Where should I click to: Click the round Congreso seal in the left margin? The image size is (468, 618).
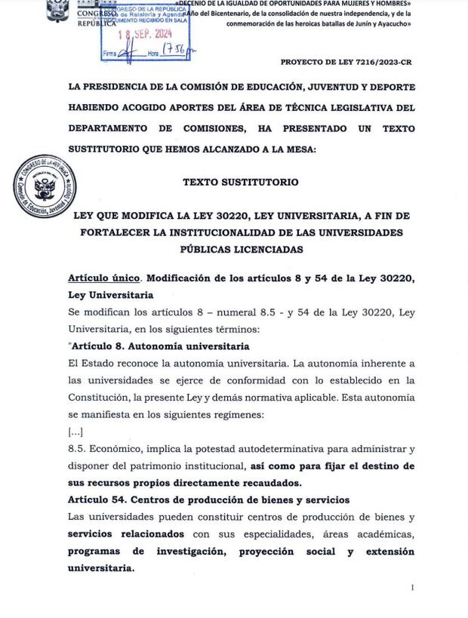(45, 186)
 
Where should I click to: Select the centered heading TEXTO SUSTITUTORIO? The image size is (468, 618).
(241, 182)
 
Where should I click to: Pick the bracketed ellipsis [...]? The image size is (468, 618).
(75, 432)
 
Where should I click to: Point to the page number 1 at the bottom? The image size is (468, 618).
(412, 587)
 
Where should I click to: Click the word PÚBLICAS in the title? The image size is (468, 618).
(214, 249)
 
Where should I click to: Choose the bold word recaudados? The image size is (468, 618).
(267, 483)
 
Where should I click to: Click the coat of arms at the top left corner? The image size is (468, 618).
(57, 11)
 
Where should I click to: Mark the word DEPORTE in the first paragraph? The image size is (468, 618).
(389, 87)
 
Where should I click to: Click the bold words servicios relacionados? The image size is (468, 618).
(125, 533)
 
